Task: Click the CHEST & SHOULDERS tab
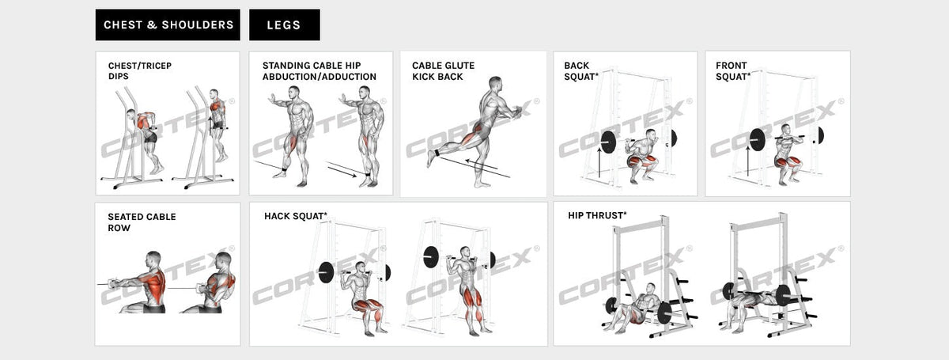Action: point(168,25)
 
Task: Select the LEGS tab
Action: point(284,25)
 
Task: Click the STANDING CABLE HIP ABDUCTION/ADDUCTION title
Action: point(319,71)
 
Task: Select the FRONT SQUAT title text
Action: point(733,71)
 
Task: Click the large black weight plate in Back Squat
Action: point(609,142)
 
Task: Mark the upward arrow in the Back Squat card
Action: point(599,165)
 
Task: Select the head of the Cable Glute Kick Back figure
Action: point(495,83)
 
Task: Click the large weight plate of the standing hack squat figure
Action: point(431,257)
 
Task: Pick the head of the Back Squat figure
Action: point(650,135)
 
